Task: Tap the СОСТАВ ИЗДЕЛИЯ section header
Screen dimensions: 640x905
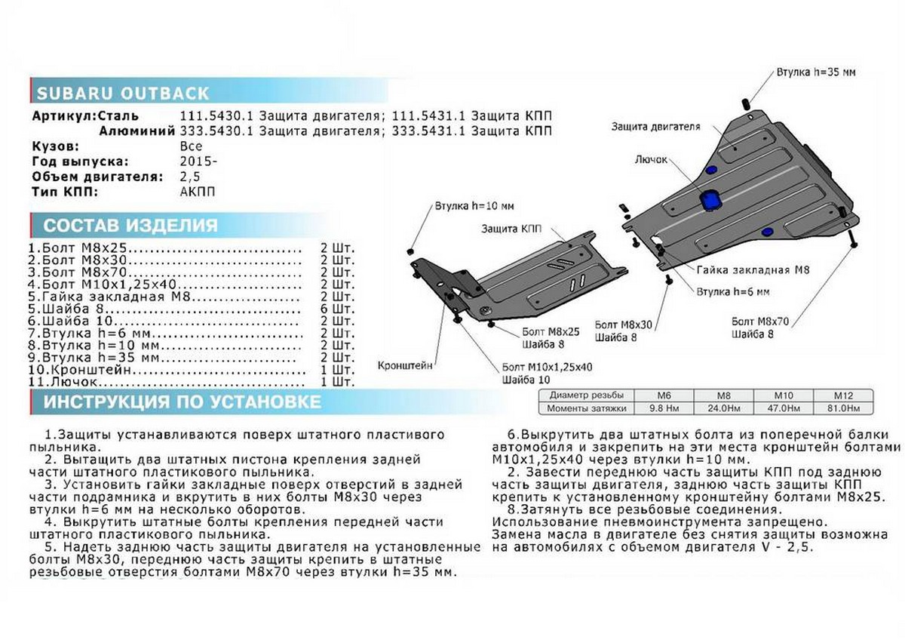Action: (130, 225)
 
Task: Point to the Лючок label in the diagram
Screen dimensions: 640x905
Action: (651, 160)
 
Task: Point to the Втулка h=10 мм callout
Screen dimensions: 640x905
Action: (474, 205)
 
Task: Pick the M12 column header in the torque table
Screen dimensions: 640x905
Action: (842, 395)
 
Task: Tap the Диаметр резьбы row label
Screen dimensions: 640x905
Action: (586, 395)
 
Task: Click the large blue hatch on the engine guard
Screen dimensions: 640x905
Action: (710, 200)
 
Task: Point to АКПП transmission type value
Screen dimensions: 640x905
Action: (198, 192)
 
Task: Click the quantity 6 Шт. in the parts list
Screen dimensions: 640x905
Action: (336, 309)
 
